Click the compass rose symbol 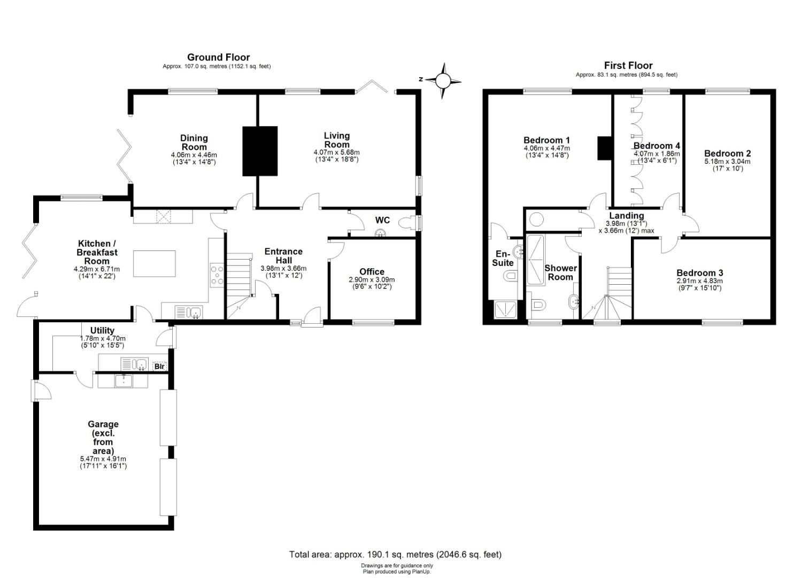pos(442,80)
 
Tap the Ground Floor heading pos(218,57)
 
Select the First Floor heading pos(628,66)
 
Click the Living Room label pos(337,140)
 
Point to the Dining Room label pos(194,143)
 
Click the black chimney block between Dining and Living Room pos(260,151)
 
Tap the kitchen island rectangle pos(154,264)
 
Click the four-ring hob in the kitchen pos(217,275)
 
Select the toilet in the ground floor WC pos(407,223)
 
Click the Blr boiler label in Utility pos(159,366)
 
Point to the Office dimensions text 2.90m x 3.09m pos(372,279)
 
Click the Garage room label pos(103,424)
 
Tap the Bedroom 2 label pos(728,154)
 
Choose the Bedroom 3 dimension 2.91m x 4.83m pos(699,281)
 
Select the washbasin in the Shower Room pos(574,302)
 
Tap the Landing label pos(626,216)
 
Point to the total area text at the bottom pos(395,554)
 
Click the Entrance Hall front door pos(312,317)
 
